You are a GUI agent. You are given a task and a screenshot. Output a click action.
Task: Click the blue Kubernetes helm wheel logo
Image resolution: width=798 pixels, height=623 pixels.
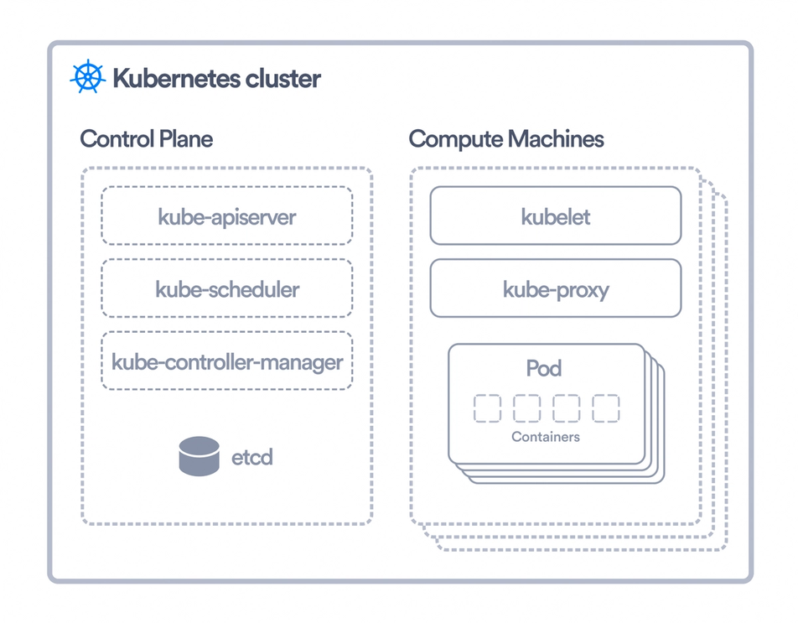[87, 78]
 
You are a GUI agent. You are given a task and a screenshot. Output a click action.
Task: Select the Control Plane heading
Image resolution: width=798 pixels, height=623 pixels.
[146, 138]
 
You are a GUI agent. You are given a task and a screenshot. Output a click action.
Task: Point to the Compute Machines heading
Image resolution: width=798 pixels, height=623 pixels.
[506, 138]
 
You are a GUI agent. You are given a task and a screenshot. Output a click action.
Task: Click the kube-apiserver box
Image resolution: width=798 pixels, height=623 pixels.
[226, 216]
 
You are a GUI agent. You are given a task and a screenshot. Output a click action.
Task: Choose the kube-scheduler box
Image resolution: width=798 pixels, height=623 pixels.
[226, 289]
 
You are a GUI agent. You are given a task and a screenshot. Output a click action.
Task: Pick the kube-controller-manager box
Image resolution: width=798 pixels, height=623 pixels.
[226, 362]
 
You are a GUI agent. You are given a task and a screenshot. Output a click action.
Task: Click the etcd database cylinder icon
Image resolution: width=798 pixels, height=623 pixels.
[199, 456]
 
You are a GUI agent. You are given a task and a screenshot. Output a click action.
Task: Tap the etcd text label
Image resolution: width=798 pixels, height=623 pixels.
[251, 458]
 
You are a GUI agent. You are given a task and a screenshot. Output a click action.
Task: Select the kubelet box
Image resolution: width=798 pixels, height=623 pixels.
[555, 216]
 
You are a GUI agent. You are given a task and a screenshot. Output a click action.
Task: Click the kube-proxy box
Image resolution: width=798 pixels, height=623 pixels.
[555, 289]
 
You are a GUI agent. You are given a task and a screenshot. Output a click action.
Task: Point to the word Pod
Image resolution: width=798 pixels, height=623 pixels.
[543, 368]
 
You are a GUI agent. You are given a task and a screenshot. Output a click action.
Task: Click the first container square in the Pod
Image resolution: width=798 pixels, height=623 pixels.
[487, 408]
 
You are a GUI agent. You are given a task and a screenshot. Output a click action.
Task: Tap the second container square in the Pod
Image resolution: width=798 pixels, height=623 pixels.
[526, 408]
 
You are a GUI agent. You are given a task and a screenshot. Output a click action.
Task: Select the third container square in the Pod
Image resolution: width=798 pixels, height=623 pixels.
[566, 408]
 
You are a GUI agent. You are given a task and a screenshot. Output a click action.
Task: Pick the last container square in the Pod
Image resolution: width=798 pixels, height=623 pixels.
[605, 408]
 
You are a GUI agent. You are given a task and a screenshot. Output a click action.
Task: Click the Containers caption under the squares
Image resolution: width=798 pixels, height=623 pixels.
[546, 437]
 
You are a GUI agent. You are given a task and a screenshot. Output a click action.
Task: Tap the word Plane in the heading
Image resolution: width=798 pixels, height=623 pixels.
[186, 138]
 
